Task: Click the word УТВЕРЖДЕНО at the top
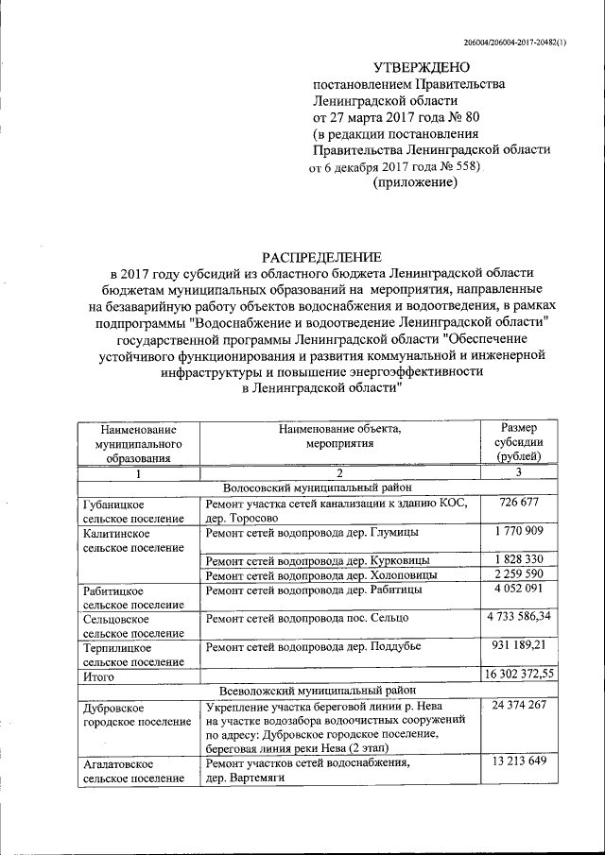[x=421, y=67]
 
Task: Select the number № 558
[x=458, y=167]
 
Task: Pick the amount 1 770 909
[x=516, y=532]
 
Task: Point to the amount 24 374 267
[x=516, y=706]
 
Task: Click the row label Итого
[x=99, y=677]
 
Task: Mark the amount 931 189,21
[x=518, y=646]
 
